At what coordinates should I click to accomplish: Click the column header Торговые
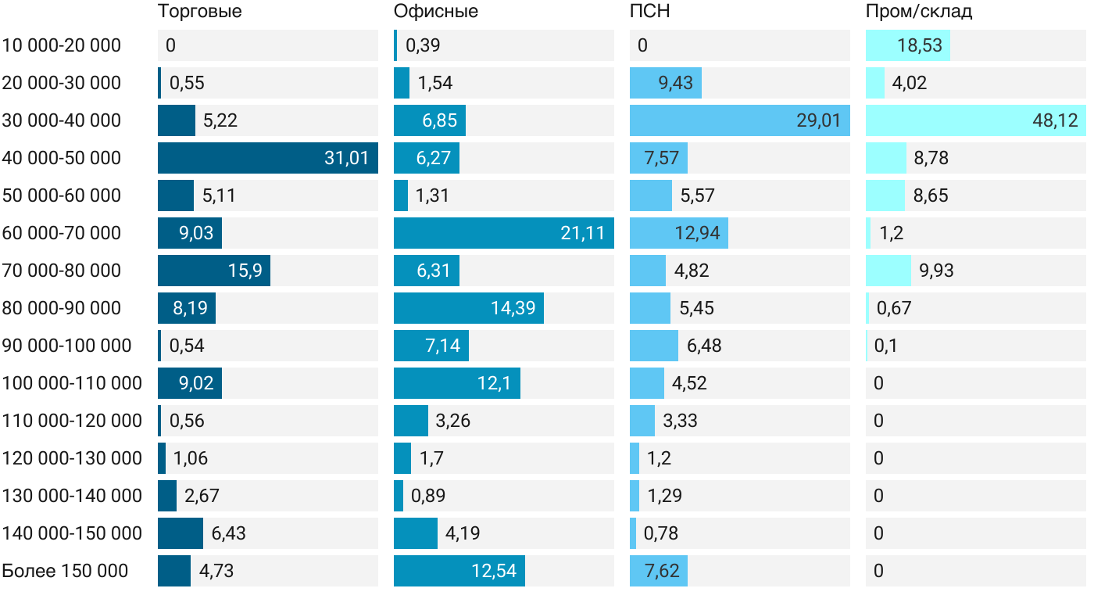point(199,12)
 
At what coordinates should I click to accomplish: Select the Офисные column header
point(435,12)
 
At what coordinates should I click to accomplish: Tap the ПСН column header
point(649,12)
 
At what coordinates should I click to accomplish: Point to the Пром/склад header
point(919,12)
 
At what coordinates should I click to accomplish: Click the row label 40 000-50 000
point(62,158)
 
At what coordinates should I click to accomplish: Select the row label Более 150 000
point(65,571)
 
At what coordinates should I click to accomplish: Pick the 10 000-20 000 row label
point(62,45)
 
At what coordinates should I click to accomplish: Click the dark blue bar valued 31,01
point(267,158)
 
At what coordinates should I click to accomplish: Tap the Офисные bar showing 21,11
point(503,233)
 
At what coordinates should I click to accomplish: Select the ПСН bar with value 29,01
point(739,120)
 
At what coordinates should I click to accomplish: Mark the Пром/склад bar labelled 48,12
point(975,120)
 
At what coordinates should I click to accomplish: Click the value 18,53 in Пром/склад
point(920,45)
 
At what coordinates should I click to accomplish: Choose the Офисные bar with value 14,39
point(468,308)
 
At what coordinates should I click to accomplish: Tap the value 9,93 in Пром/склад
point(936,271)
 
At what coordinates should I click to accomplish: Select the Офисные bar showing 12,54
point(459,571)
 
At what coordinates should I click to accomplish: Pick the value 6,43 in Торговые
point(228,533)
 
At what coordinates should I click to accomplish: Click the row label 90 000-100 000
point(67,346)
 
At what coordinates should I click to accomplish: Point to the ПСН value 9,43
point(675,83)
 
